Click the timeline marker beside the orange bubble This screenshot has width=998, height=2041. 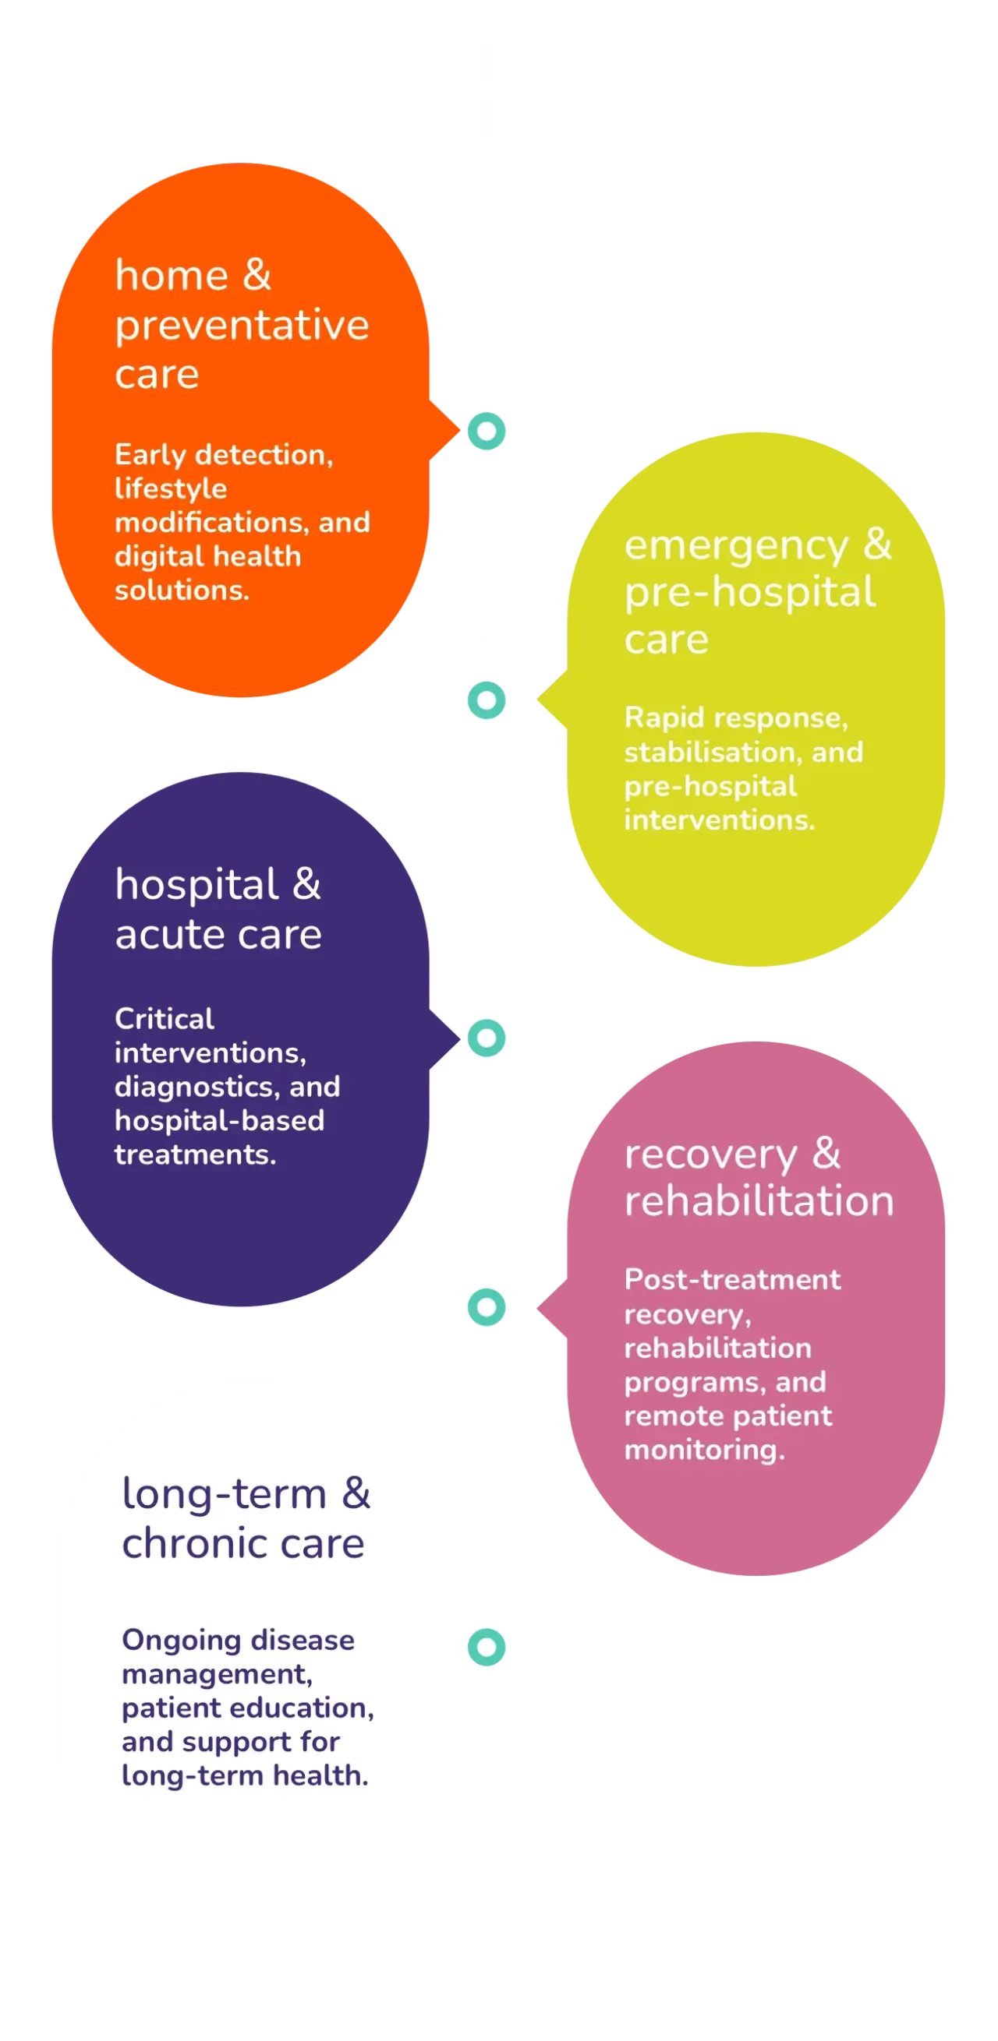pos(487,431)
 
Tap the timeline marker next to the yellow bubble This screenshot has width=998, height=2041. pos(487,700)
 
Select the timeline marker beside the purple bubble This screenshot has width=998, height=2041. pos(487,1038)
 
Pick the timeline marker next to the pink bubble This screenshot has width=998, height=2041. pos(487,1307)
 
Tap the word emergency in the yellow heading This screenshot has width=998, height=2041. pos(735,546)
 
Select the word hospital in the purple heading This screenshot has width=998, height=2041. pos(196,885)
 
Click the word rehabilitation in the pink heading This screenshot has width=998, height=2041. pos(759,1200)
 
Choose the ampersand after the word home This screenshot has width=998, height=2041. pos(257,275)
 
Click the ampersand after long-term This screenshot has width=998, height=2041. pos(356,1493)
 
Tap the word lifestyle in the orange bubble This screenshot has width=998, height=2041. pos(171,489)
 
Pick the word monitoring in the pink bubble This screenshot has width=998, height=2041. pos(704,1450)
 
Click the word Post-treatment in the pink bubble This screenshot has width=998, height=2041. pos(732,1280)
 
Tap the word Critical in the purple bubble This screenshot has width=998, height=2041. pos(164,1018)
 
